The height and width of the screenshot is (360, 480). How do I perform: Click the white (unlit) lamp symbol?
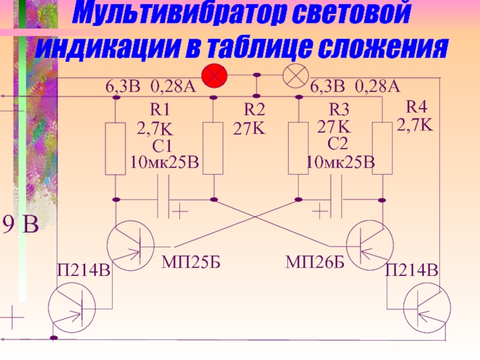pos(295,76)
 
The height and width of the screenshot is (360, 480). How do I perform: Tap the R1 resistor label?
pos(160,109)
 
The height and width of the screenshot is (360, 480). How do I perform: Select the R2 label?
pos(254,110)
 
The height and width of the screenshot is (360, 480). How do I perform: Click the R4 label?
pos(416,107)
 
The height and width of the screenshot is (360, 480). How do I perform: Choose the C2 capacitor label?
pos(338,143)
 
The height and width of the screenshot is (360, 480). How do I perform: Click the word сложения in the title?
pos(379,48)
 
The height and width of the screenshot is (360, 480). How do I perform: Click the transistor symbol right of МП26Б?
pos(370,243)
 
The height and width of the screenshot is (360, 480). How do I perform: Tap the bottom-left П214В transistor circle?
pos(71,306)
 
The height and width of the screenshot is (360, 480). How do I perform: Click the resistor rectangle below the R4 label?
pos(382,148)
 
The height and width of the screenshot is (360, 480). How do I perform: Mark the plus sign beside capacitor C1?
pos(179,211)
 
